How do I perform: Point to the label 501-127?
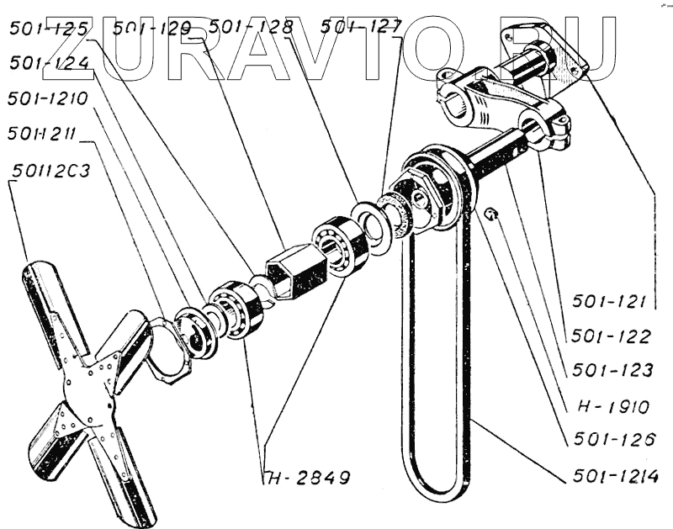click(x=360, y=28)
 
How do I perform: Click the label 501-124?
click(x=49, y=63)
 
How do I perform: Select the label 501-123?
click(x=612, y=370)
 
